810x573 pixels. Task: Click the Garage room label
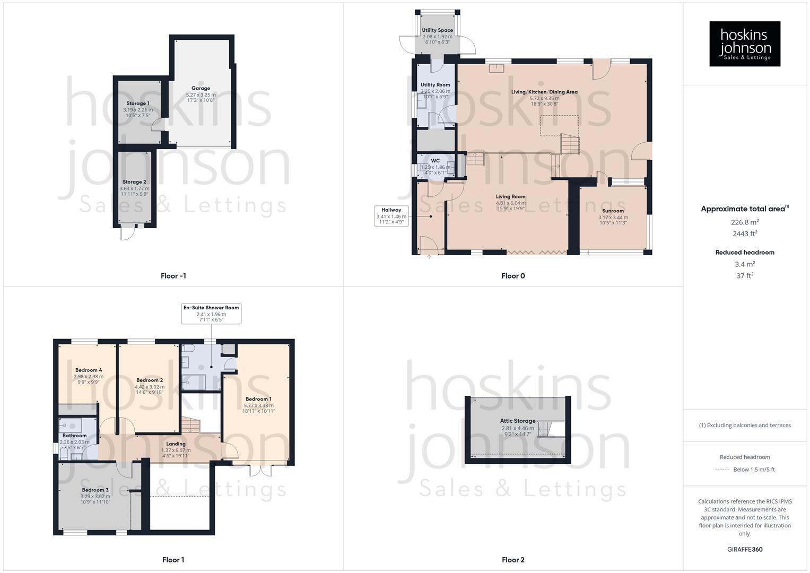coord(201,88)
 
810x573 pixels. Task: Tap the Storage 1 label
coord(138,103)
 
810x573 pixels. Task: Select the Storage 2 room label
coord(134,182)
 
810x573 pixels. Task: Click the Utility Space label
coord(438,30)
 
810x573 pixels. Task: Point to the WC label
coord(436,161)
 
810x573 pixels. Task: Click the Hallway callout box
coord(391,216)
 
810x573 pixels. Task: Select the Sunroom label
coord(613,211)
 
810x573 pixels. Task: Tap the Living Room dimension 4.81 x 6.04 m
coord(511,203)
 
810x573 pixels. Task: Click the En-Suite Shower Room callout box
coord(211,314)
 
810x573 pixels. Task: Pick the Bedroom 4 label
coord(89,370)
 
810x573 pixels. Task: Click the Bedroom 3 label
coord(95,490)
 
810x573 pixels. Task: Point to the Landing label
coord(176,444)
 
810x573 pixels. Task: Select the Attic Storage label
coord(518,421)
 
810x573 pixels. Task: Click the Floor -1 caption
coord(173,276)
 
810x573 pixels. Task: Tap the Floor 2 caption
coord(513,560)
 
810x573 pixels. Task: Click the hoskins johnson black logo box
coord(745,44)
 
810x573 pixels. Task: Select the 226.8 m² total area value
coord(745,222)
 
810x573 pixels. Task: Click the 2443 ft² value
coord(745,233)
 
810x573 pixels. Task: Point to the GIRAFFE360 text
coord(745,549)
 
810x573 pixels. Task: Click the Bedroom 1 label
coord(259,399)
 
